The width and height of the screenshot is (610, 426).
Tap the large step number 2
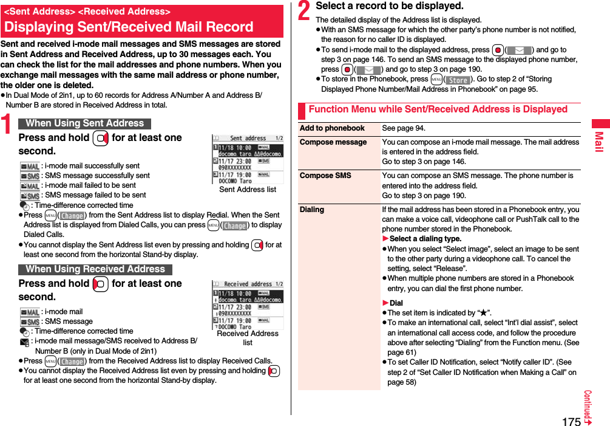point(305,12)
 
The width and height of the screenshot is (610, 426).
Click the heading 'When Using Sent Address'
point(84,123)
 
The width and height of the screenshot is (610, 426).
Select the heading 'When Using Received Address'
point(95,269)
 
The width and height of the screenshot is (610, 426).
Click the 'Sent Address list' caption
point(248,190)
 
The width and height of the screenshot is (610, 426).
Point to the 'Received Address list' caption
point(248,338)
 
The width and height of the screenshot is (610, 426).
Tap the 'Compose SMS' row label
point(325,176)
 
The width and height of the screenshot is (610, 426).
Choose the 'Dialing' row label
point(312,210)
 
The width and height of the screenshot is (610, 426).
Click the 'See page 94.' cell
point(404,128)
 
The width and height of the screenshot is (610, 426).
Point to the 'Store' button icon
point(458,80)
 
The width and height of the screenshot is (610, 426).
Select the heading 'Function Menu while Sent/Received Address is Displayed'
point(438,109)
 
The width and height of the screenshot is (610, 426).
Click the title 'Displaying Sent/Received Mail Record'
point(129,27)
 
